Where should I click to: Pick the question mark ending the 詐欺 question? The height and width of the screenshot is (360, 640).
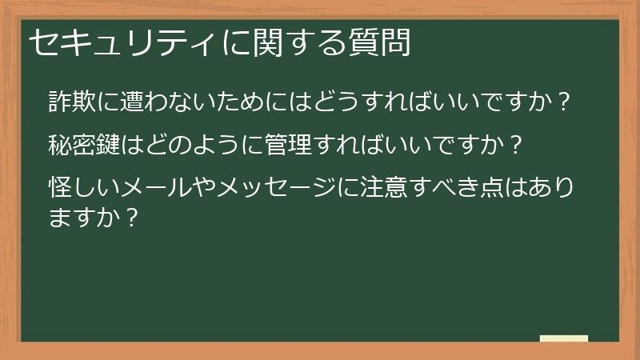coord(564,102)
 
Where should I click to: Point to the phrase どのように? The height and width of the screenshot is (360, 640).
coord(183,146)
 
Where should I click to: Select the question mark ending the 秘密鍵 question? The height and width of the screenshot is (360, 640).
coord(516,146)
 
